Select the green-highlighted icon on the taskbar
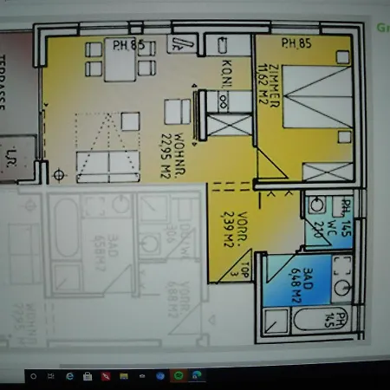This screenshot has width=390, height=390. [179, 376]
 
